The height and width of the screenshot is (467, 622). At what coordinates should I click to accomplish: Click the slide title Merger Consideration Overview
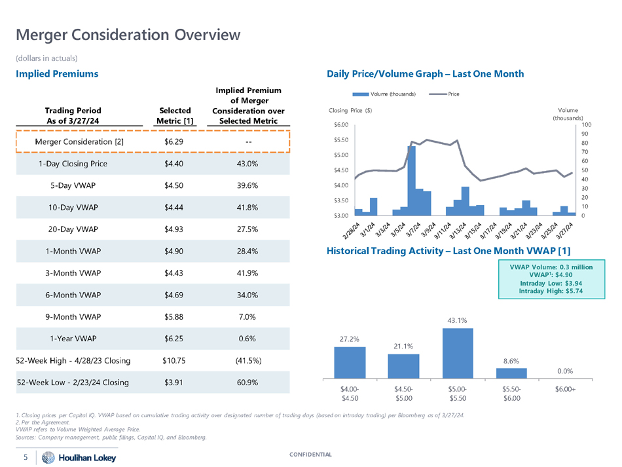coord(128,34)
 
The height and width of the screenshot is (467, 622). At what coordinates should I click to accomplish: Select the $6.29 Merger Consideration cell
coord(174,141)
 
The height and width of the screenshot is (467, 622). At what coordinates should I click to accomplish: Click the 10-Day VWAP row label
coord(73,208)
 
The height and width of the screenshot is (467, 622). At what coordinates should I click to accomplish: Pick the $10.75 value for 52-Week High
coord(174,360)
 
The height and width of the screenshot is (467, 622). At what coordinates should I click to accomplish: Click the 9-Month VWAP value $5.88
coord(174,317)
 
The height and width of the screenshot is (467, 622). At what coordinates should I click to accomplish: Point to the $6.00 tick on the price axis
coord(340,124)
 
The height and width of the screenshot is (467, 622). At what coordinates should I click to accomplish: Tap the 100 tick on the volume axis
coord(586,124)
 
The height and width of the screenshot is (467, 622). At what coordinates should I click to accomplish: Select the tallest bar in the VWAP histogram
coord(458,352)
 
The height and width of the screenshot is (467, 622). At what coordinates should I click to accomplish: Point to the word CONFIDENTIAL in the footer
coord(310,455)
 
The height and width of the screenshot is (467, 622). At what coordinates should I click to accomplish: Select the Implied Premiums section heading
coord(57,74)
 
